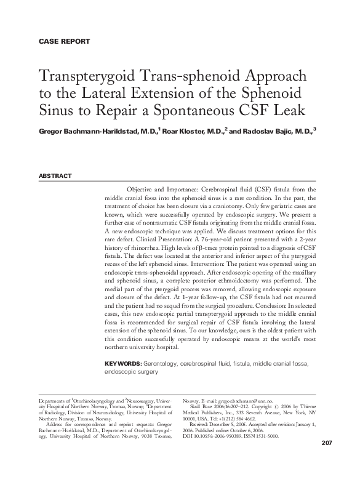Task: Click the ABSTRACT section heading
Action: click(55, 176)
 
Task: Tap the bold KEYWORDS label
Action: click(122, 364)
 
